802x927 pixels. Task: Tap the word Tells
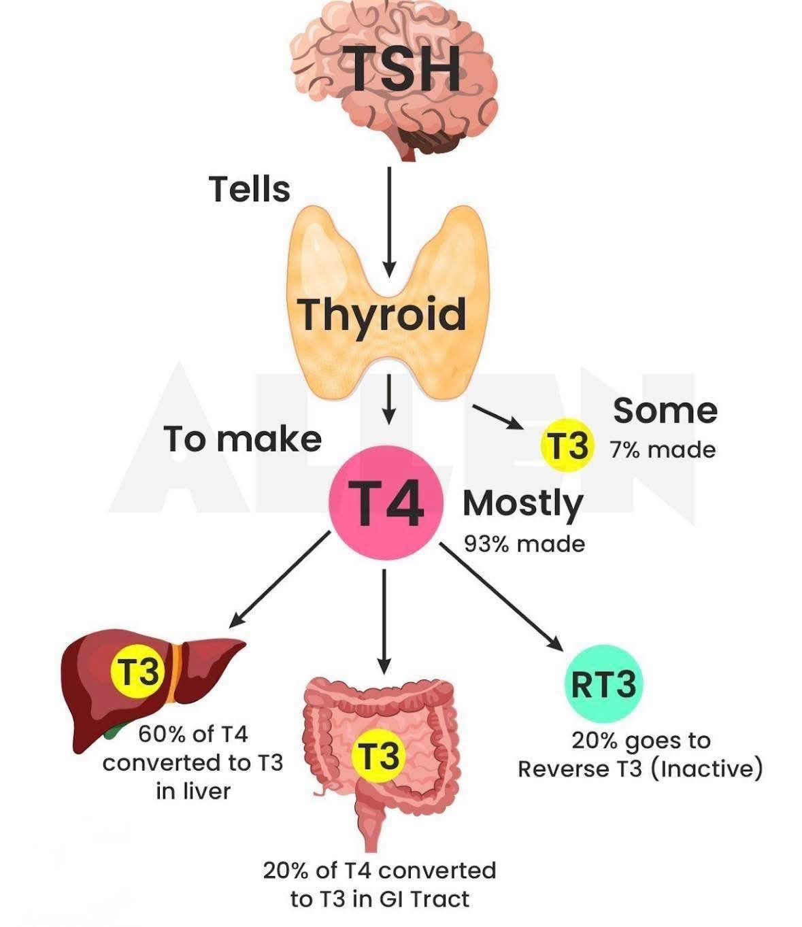[x=250, y=188]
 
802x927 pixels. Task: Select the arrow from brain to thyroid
[x=388, y=221]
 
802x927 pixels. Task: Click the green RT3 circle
[x=603, y=684]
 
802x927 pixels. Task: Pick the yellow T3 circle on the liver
[x=139, y=672]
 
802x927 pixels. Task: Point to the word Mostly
[x=522, y=504]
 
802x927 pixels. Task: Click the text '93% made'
[x=524, y=543]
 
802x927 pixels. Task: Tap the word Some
[x=665, y=411]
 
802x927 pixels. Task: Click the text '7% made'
[x=662, y=450]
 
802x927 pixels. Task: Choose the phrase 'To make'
[x=242, y=439]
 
